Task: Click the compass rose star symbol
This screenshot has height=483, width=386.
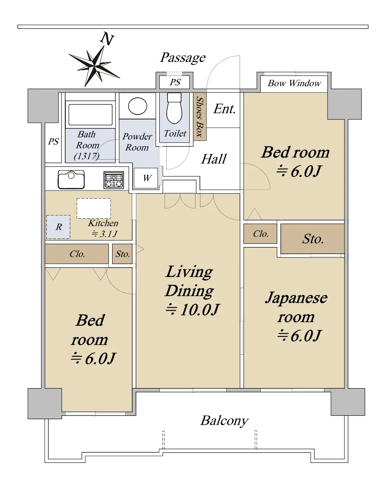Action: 94,66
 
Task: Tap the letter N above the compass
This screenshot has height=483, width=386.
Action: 107,39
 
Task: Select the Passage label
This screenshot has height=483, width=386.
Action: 183,57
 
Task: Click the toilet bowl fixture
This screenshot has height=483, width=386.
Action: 175,108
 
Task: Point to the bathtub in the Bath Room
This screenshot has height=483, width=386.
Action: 90,114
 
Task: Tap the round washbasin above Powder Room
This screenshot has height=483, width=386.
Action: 138,106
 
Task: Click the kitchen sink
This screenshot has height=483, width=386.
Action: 71,180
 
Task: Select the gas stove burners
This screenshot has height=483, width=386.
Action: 114,180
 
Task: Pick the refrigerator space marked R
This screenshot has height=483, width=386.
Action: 58,227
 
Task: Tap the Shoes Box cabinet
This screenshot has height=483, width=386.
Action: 200,117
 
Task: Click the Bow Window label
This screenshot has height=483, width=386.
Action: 294,83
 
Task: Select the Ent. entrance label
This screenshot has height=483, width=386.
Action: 225,109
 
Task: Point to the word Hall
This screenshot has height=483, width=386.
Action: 214,159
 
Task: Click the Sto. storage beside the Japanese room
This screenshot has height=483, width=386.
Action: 312,239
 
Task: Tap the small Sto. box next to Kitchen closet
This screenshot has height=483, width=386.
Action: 122,254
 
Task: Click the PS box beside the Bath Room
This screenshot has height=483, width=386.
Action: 53,142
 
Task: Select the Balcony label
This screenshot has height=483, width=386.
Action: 224,421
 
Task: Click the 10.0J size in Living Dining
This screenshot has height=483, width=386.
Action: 192,309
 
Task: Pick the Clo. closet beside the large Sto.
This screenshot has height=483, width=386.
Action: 260,234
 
